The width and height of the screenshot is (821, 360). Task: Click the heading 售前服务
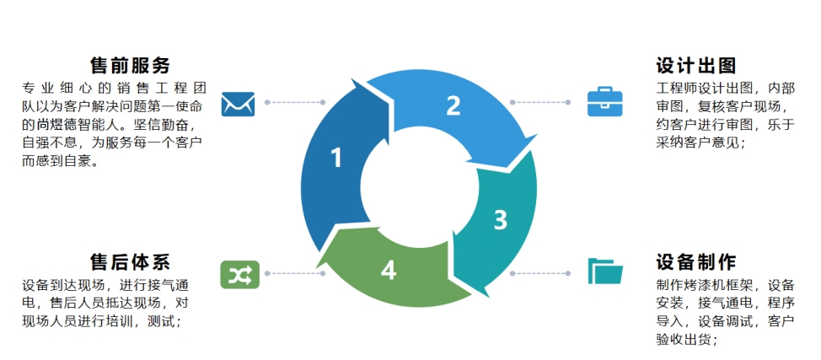[131, 65]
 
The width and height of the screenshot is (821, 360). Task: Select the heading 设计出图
[696, 65]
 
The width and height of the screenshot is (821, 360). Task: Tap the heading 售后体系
[131, 261]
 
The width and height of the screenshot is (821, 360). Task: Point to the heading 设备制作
[696, 261]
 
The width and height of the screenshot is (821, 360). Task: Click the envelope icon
[238, 103]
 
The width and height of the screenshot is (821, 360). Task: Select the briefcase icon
[604, 102]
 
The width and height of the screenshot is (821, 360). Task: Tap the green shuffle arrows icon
[238, 273]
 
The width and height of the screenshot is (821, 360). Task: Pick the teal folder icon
[604, 271]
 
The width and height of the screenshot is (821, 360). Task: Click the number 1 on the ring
[336, 158]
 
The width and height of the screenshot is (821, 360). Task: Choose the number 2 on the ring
[453, 105]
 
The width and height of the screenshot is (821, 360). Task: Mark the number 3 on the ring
[500, 220]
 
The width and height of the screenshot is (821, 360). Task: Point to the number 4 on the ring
[388, 270]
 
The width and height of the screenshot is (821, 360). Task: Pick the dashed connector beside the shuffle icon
[294, 273]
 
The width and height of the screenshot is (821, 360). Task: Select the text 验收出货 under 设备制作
[684, 340]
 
